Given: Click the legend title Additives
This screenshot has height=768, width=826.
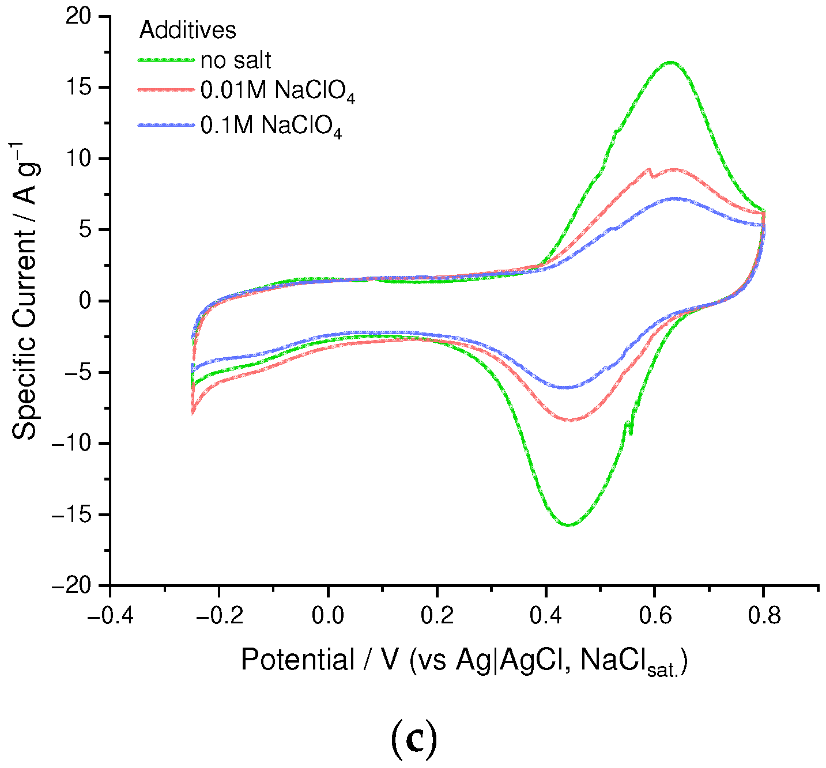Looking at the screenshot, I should click(187, 30).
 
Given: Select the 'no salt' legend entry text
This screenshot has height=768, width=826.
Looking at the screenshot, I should click(236, 60).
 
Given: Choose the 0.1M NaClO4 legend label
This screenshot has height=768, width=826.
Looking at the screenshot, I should click(271, 126).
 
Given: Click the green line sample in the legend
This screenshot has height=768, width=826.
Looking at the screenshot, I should click(166, 59).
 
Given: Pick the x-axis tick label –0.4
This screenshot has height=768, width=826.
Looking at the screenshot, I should click(110, 616).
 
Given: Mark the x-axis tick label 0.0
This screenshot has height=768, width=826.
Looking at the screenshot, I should click(328, 616).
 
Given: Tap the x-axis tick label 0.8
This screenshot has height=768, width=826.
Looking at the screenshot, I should click(763, 616).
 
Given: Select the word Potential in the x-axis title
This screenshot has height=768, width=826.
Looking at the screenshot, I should click(297, 660).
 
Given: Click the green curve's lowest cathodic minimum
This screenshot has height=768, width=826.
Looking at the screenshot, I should click(568, 525).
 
